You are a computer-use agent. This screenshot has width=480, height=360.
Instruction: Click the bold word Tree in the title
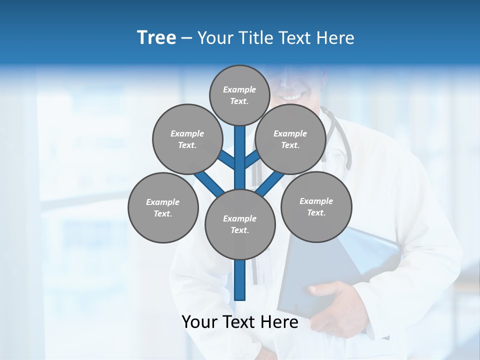(x=156, y=38)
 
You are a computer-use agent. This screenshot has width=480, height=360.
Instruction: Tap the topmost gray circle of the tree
(x=240, y=95)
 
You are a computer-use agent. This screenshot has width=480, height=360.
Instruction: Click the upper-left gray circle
(x=187, y=139)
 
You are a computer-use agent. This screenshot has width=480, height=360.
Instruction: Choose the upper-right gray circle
(x=290, y=139)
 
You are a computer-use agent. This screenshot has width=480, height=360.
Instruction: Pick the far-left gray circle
(x=163, y=207)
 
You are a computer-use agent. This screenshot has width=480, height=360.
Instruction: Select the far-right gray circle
(x=316, y=206)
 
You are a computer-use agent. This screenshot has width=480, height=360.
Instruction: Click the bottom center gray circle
(x=240, y=224)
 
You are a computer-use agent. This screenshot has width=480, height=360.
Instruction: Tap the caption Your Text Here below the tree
(x=240, y=322)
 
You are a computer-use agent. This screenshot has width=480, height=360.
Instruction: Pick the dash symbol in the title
(x=187, y=38)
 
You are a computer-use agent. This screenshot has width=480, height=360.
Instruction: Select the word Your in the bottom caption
(x=199, y=322)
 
